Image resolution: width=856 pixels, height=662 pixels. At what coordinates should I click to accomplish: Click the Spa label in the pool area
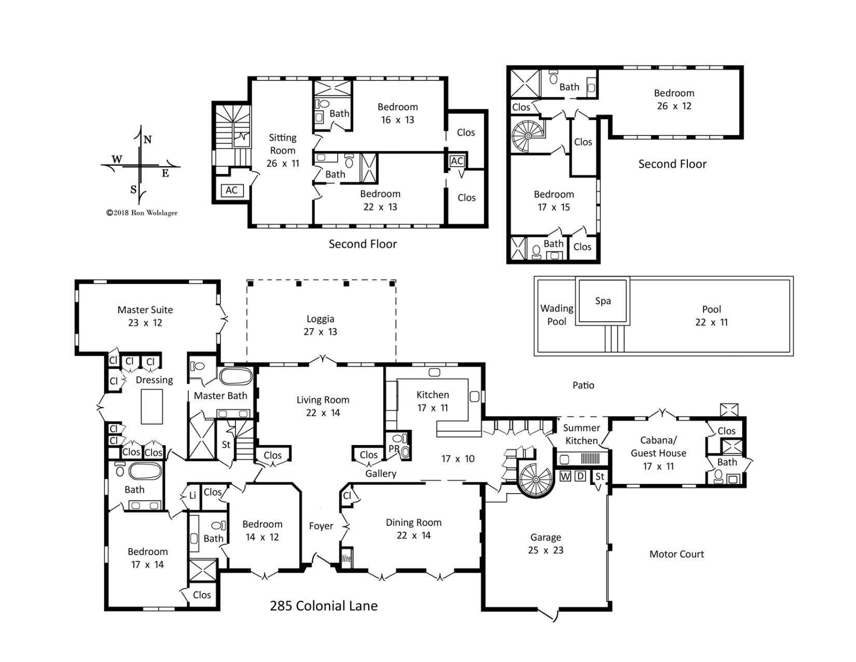tap(602, 301)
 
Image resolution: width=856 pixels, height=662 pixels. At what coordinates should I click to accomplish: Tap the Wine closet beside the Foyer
tap(347, 559)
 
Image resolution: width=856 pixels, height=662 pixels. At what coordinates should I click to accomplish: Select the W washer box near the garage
tap(565, 476)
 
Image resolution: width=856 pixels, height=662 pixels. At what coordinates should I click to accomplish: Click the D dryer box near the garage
tap(581, 476)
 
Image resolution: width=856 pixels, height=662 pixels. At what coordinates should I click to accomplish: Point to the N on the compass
tap(147, 140)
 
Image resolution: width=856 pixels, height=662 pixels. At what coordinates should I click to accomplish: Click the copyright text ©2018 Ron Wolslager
tap(142, 212)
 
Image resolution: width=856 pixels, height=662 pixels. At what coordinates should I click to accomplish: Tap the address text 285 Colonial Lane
tap(323, 606)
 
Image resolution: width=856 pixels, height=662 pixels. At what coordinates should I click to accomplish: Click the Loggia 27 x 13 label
tap(320, 326)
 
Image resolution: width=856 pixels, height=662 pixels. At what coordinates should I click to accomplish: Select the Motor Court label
tap(676, 554)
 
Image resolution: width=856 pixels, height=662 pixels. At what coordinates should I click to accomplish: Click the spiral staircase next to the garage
tap(536, 480)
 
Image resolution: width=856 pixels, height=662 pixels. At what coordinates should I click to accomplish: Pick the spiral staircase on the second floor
tap(528, 135)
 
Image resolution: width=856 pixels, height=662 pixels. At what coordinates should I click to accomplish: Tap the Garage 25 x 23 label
tap(545, 544)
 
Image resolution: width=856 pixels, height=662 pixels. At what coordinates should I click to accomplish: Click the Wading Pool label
tap(557, 315)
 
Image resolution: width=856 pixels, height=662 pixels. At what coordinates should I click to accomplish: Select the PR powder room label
tap(394, 449)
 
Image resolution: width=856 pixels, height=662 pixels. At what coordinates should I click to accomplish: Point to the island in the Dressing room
tap(152, 407)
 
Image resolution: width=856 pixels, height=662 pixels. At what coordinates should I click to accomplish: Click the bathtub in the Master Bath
tap(236, 376)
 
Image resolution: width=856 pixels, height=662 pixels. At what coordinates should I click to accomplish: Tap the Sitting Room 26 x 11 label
tap(283, 150)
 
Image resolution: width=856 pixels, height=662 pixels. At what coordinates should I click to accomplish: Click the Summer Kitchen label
tap(581, 434)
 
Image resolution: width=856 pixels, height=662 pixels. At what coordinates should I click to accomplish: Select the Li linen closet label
tap(192, 495)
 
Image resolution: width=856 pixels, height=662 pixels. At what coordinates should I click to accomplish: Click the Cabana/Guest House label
tap(658, 453)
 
